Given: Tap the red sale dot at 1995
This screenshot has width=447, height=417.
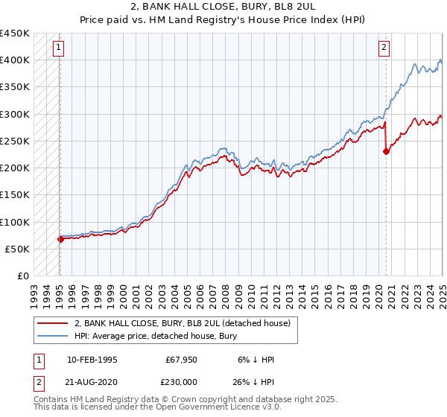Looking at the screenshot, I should [60, 239].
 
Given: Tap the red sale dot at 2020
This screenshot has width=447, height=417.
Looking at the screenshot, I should [386, 151].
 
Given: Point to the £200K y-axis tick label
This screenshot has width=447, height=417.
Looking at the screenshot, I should [14, 168].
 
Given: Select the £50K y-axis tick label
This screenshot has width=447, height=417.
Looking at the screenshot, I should [17, 249].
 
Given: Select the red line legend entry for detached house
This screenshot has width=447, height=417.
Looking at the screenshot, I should [186, 323].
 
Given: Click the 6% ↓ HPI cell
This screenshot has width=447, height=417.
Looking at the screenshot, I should [255, 360].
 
